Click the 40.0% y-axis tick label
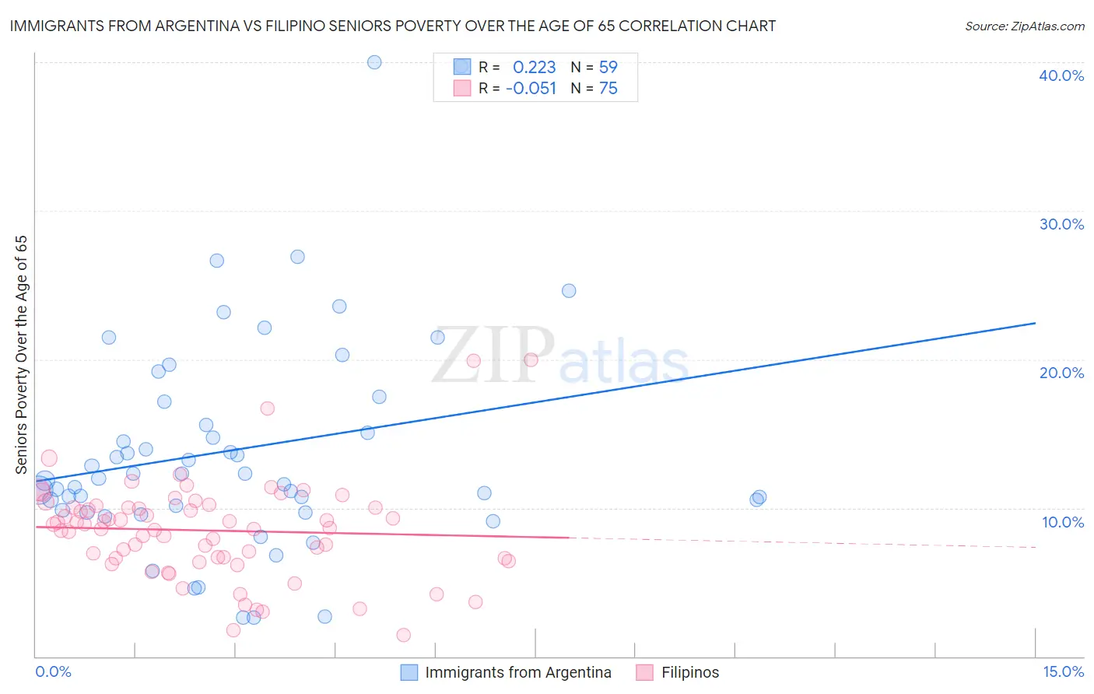coord(1061,75)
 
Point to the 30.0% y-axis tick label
coord(1061,224)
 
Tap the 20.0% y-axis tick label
coord(1061,373)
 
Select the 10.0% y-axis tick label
coord(1062,522)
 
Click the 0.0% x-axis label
coord(53,671)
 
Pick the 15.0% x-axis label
coord(1062,671)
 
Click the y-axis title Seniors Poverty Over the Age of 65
coord(21,355)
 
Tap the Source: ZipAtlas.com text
coord(1024,26)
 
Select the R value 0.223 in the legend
coord(534,68)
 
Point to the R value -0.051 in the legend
coord(531,89)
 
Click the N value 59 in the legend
coord(608,68)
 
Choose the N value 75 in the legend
coord(608,89)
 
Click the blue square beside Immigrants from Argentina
coord(409,672)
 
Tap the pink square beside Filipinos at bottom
coord(644,672)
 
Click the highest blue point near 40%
coord(374,62)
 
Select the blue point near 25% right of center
coord(569,291)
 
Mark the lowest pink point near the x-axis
coord(403,635)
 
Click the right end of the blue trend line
coord(1035,323)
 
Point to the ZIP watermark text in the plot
coord(493,356)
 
